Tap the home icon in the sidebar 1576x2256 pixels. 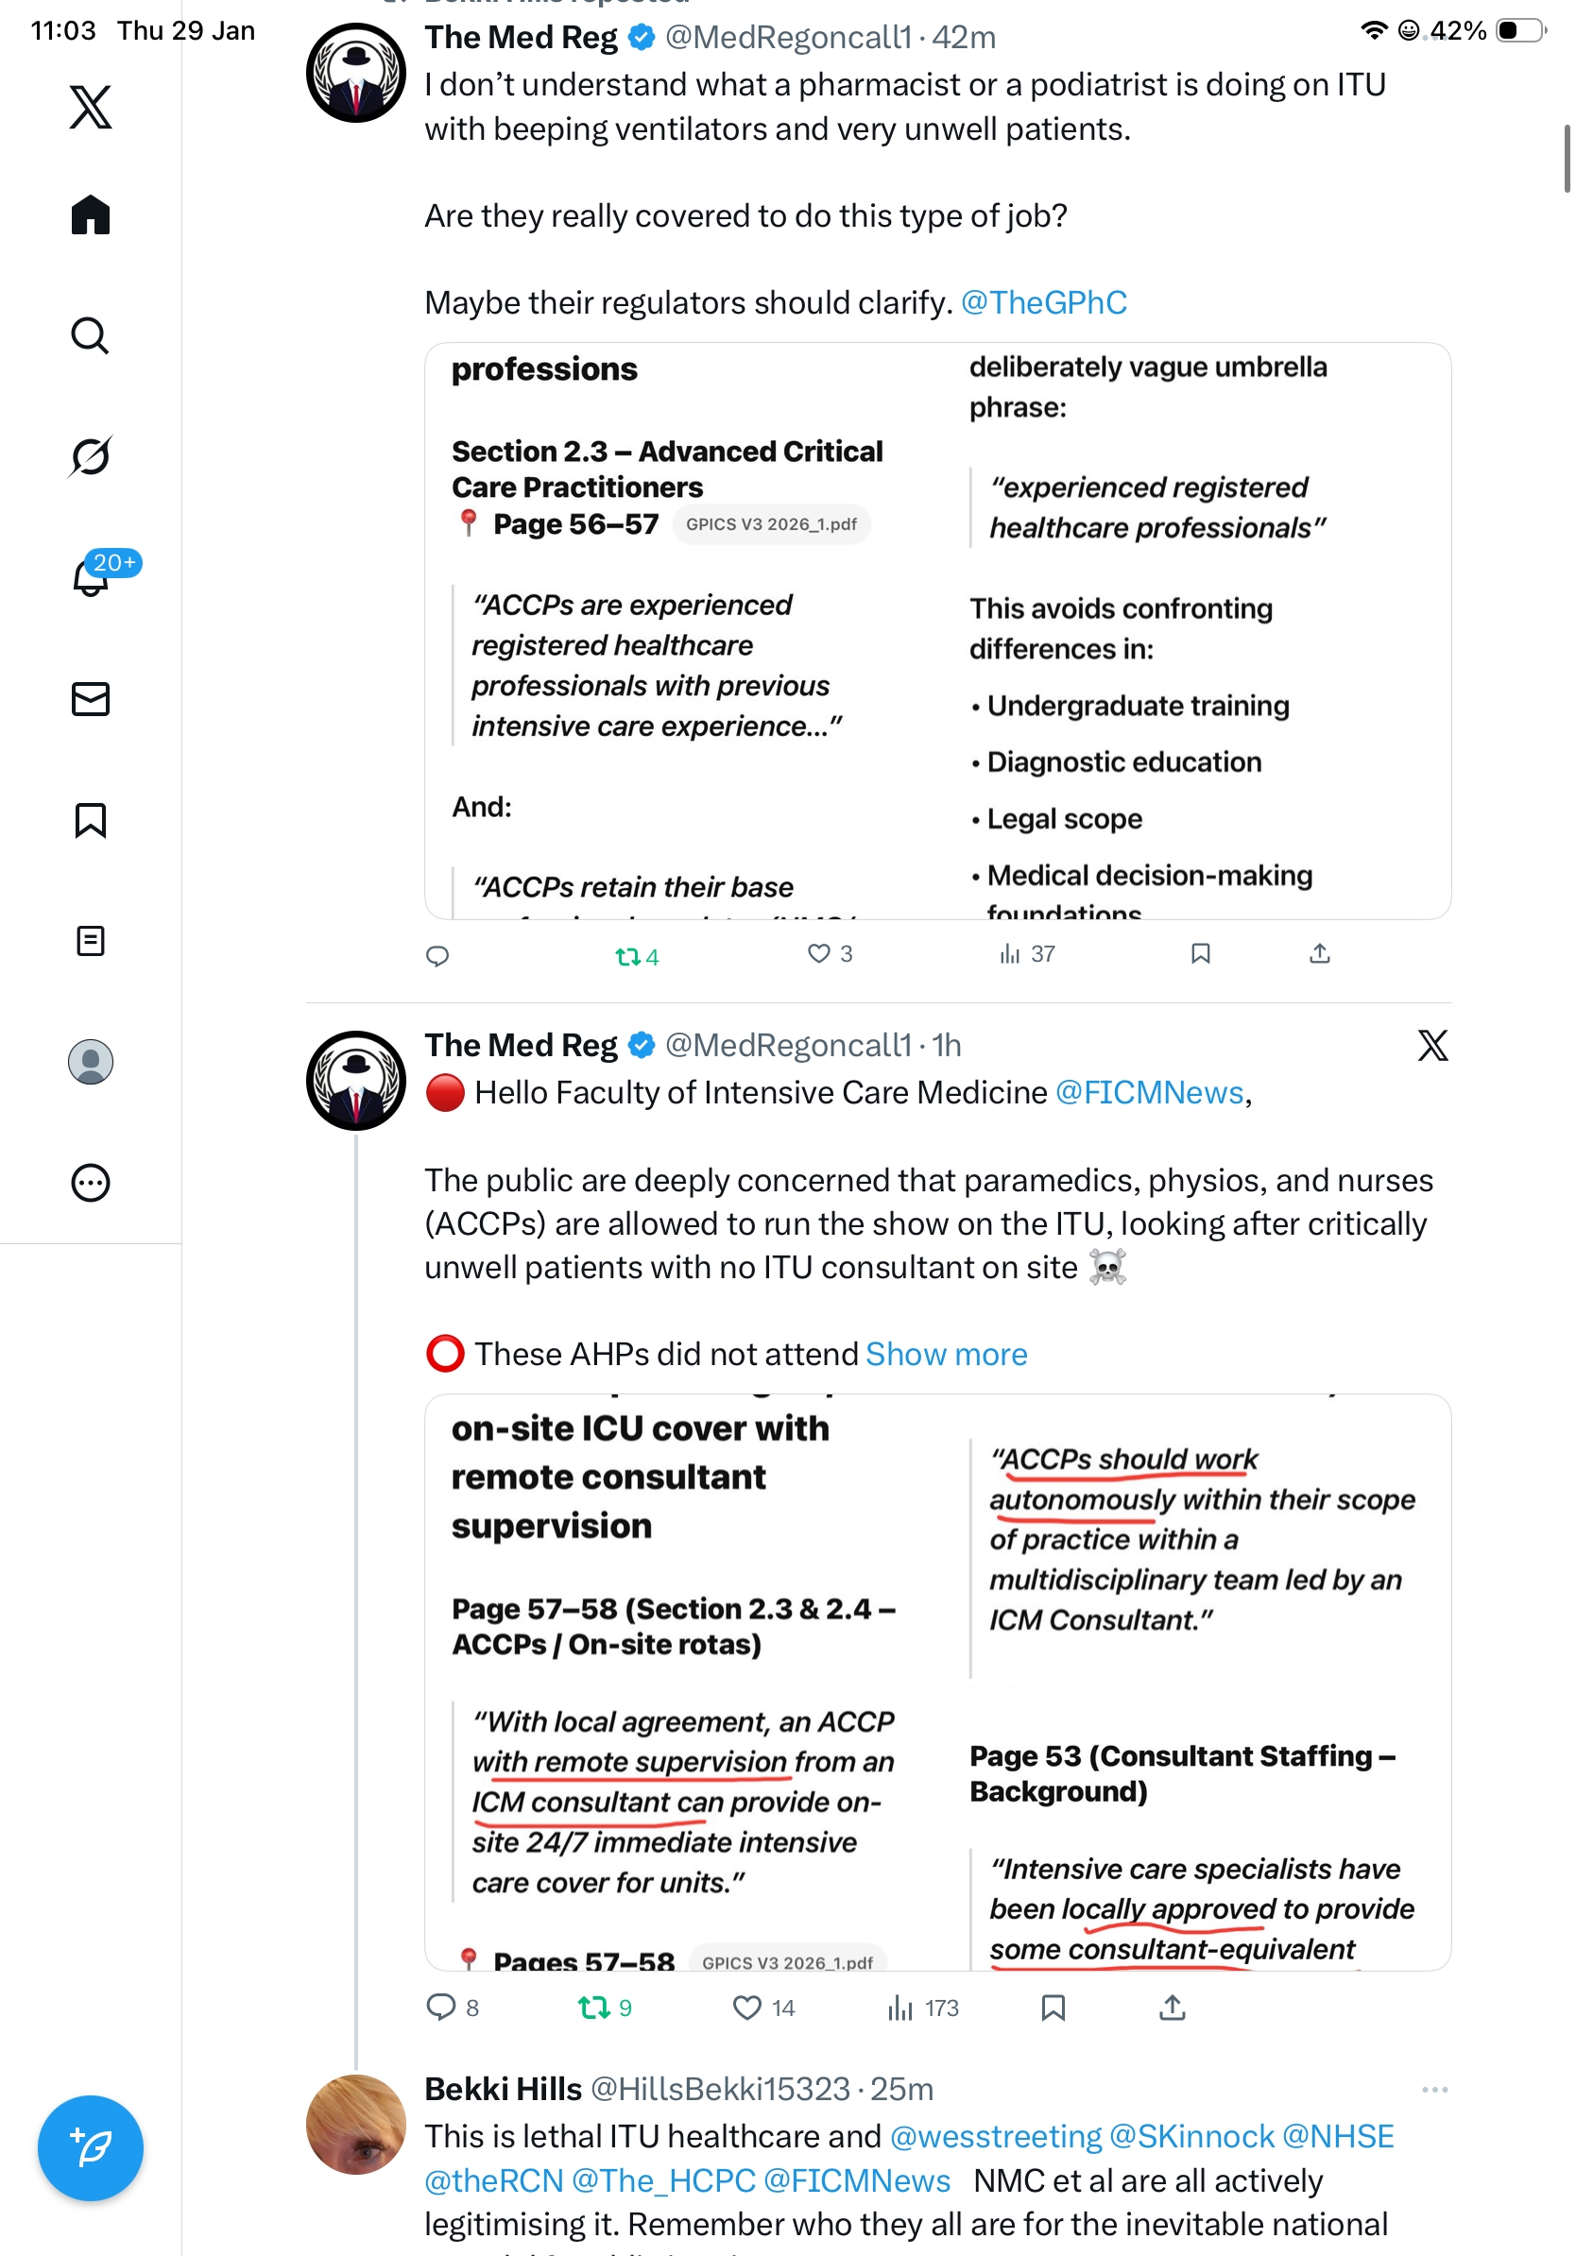pos(91,214)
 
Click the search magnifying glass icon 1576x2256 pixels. pos(91,335)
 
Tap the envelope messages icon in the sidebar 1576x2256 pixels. pos(91,698)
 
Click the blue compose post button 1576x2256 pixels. pos(91,2147)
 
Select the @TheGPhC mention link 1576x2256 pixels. pos(1042,302)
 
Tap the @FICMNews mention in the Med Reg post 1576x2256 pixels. pos(1149,1093)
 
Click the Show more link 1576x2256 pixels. pos(945,1354)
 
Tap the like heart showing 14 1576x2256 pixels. pos(746,2008)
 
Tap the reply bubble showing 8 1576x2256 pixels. pos(440,2008)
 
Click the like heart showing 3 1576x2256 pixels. pos(818,953)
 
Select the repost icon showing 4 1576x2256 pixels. pos(626,956)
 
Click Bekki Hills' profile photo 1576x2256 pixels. pos(355,2124)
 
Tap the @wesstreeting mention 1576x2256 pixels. pos(995,2136)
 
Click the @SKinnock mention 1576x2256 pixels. pos(1191,2136)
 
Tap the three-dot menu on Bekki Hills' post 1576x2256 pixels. pos(1433,2089)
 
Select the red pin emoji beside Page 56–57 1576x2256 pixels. pos(469,522)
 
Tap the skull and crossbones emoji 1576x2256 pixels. pos(1107,1268)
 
